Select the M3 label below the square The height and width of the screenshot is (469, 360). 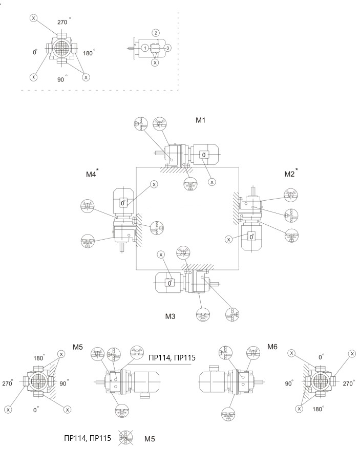(171, 316)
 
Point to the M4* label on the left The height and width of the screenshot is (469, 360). (92, 174)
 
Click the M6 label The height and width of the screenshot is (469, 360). (272, 347)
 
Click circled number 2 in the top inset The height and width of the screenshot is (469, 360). (155, 33)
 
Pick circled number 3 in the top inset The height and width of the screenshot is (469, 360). (167, 48)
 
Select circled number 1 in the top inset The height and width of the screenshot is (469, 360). (145, 48)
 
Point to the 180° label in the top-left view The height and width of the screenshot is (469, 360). (90, 52)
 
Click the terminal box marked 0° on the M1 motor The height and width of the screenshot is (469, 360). (204, 155)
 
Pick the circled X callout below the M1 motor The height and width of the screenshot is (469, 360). (212, 181)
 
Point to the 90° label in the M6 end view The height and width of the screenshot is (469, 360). (289, 382)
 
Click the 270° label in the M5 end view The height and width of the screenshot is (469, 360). (8, 383)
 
